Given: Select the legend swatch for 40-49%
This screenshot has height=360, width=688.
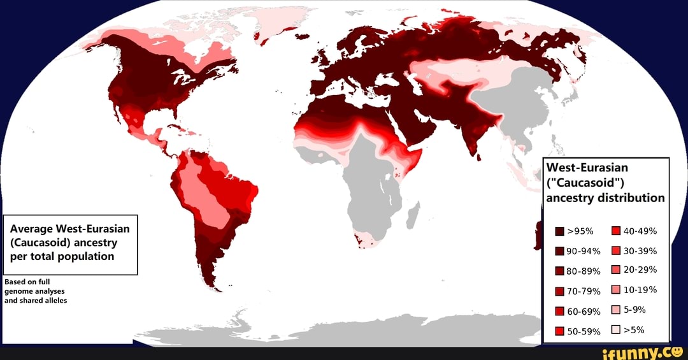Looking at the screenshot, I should pos(616,231).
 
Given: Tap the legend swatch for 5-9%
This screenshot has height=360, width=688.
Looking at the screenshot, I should pos(616,310).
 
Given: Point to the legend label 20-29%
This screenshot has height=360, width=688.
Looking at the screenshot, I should pos(640,270).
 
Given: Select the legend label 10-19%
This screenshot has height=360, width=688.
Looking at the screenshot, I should pos(640,290).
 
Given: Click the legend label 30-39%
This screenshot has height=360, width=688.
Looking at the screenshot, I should pos(640,250).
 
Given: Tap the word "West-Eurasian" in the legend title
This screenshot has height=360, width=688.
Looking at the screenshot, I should pos(587,168).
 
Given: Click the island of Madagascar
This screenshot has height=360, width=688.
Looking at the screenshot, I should pos(415,212).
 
